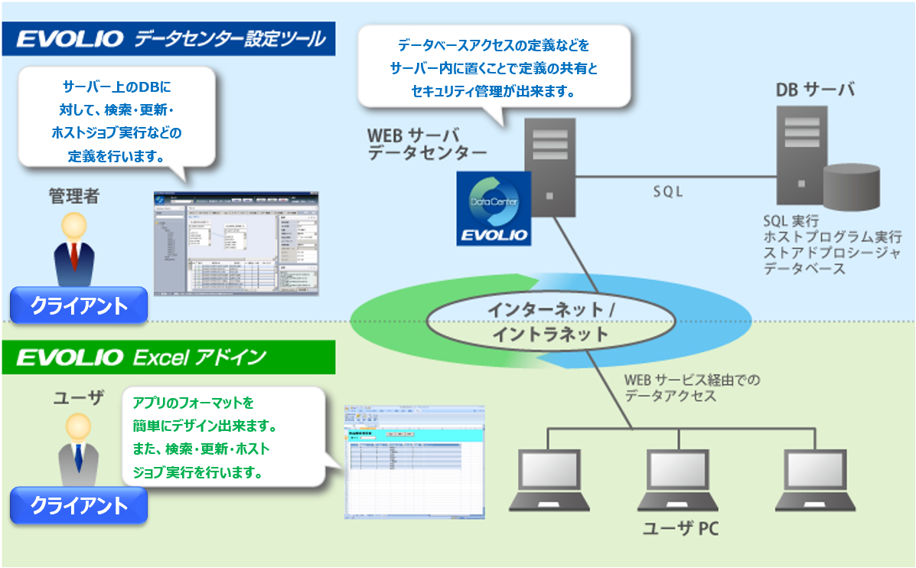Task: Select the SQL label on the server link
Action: (668, 192)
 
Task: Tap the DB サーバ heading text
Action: (815, 90)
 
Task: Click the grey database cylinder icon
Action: (851, 187)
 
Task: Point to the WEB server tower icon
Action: (549, 168)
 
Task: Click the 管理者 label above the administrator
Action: (74, 196)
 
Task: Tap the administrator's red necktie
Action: (74, 256)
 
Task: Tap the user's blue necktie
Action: (78, 456)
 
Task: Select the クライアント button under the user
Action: (78, 505)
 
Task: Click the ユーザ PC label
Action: (680, 529)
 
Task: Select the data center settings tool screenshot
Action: (236, 242)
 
